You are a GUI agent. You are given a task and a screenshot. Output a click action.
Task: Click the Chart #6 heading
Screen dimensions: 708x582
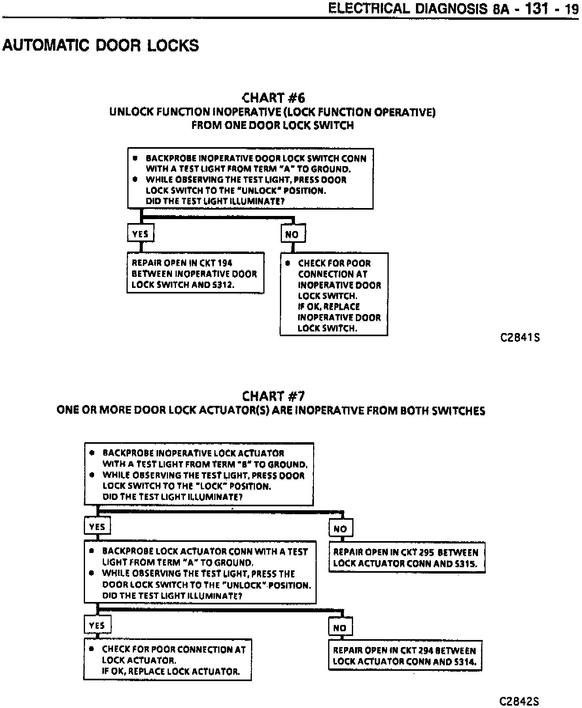pos(273,98)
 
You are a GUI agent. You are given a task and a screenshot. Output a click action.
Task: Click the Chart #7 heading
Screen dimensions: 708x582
pos(273,396)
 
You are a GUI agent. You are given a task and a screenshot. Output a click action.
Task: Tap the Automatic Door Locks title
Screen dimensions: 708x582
pos(101,45)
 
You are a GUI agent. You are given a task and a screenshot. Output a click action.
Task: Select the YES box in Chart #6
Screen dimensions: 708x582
pos(140,234)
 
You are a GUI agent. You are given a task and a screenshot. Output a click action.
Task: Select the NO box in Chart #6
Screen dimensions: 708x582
pos(292,234)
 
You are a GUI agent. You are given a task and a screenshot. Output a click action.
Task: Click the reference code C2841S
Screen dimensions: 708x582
pos(520,338)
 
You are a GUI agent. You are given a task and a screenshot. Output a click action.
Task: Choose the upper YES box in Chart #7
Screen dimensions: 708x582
pos(97,526)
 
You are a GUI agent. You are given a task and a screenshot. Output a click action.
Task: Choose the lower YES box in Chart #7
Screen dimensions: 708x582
pos(97,625)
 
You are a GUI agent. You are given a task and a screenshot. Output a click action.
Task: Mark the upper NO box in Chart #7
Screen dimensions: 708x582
pos(340,528)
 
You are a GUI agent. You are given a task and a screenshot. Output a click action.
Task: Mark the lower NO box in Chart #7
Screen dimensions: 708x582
pos(340,627)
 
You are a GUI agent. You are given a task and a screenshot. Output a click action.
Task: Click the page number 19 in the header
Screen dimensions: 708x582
pos(572,9)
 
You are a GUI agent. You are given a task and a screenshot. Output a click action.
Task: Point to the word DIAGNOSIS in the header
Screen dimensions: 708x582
pos(450,8)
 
